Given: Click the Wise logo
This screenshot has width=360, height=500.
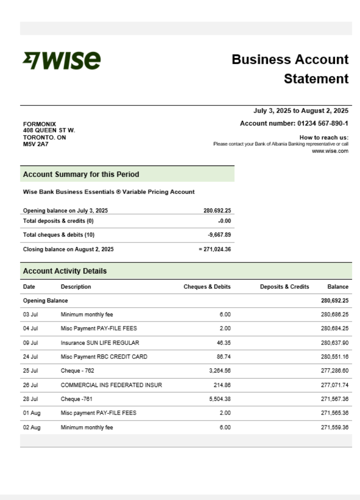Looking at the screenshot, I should [x=62, y=60].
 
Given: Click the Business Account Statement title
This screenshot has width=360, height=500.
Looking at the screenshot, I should [x=290, y=69].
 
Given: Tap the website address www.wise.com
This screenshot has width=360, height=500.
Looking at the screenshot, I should [x=330, y=151].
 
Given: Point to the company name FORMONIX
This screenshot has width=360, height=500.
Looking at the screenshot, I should [x=39, y=124].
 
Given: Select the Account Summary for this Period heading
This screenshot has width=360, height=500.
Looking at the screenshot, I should [x=81, y=174].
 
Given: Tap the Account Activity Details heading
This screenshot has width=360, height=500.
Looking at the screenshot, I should [x=64, y=271].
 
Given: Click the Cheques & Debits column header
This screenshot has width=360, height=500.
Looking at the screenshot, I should [x=207, y=287].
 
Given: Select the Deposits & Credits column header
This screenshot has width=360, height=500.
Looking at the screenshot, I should [x=284, y=287].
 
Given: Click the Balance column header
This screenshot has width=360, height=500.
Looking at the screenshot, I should [x=338, y=287].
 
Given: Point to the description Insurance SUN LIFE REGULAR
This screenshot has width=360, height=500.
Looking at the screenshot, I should [x=100, y=343].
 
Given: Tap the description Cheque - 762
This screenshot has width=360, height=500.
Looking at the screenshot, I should [x=77, y=371].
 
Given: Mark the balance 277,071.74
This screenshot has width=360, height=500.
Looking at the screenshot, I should [x=334, y=385].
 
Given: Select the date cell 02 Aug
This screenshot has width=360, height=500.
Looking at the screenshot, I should [x=31, y=427].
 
